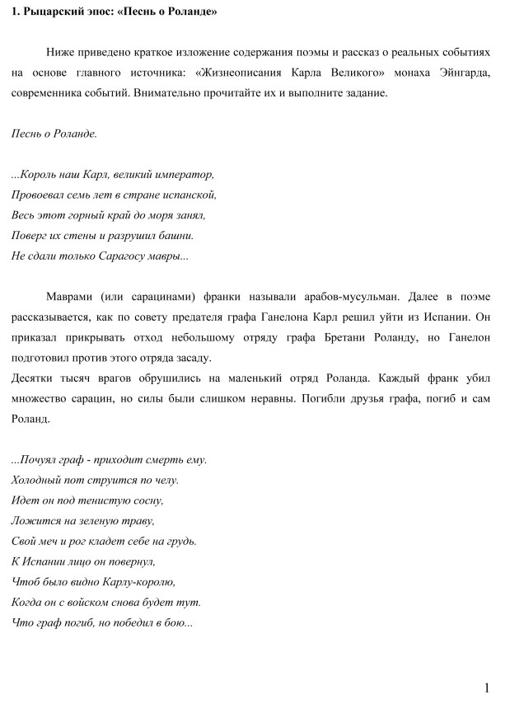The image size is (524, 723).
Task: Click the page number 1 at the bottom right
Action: [x=487, y=688]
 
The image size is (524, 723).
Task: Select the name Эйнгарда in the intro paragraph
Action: [x=462, y=73]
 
